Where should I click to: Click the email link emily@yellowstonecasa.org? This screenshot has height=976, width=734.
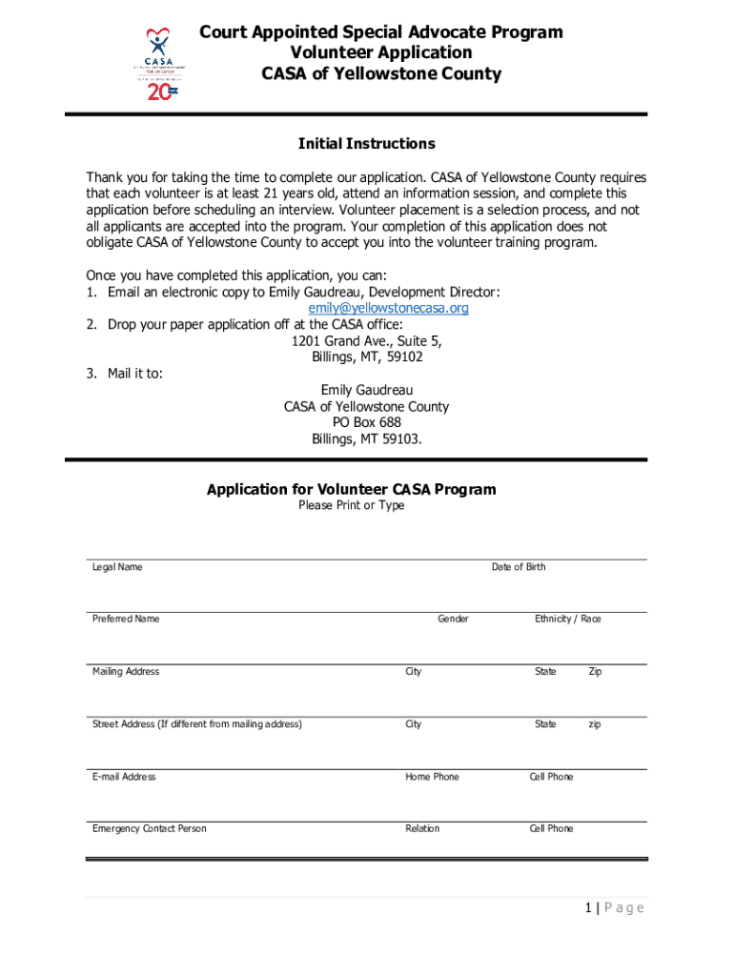(x=388, y=308)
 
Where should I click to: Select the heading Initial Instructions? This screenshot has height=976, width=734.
(x=366, y=144)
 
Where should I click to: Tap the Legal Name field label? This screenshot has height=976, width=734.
(x=116, y=567)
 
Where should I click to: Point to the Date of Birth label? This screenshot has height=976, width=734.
(x=519, y=567)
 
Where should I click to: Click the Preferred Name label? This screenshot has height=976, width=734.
(x=126, y=619)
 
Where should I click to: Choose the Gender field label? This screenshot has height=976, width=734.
(x=453, y=619)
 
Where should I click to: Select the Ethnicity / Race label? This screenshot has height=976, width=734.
(x=568, y=619)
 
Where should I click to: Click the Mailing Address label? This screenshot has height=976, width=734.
(x=126, y=672)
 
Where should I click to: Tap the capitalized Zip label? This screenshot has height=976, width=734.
(x=595, y=672)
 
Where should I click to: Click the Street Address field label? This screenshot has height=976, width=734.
(x=196, y=724)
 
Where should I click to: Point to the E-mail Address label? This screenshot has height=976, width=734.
(x=124, y=777)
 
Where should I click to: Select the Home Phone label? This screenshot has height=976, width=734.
(x=432, y=777)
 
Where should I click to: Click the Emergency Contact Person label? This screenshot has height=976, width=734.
(x=149, y=828)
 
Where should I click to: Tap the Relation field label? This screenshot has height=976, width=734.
(x=422, y=828)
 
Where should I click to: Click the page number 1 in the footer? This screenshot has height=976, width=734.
(x=590, y=907)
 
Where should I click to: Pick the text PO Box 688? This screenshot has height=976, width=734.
(x=366, y=422)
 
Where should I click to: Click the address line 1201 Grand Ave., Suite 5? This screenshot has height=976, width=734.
(x=366, y=341)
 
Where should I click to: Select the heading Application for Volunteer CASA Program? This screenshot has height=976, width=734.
(x=351, y=490)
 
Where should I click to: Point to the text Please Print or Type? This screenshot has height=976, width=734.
(x=351, y=505)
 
